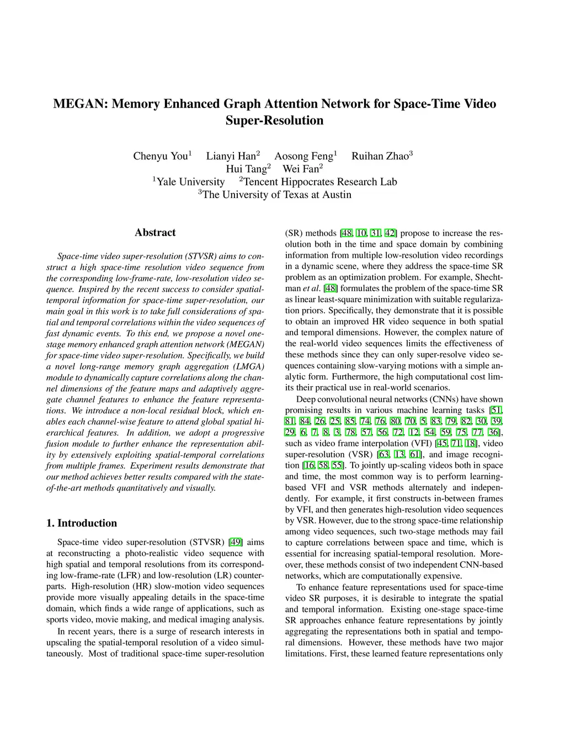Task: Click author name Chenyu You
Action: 161,156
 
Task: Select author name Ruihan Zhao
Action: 381,156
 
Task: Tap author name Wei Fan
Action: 301,169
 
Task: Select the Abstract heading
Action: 155,232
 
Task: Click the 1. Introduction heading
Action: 82,523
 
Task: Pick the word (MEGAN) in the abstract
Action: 247,344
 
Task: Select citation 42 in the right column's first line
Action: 390,233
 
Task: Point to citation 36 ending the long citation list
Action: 494,432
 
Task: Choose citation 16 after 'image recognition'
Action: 309,465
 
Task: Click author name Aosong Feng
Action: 305,156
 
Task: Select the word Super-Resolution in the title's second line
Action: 275,120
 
